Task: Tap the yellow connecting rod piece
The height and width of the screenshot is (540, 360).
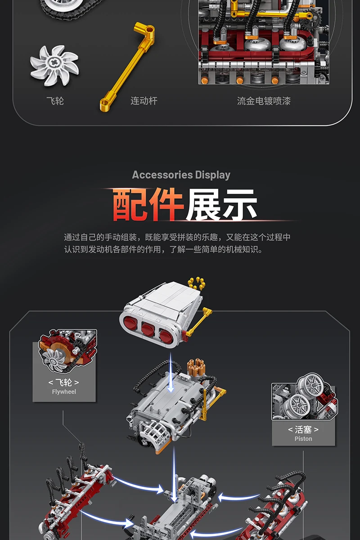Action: pyautogui.click(x=127, y=67)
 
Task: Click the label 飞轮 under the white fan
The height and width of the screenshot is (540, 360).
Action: pyautogui.click(x=55, y=101)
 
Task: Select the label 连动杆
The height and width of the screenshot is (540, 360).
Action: pyautogui.click(x=144, y=101)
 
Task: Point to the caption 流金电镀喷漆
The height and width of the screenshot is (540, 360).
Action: pyautogui.click(x=264, y=101)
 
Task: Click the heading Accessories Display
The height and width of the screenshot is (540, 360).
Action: pyautogui.click(x=181, y=175)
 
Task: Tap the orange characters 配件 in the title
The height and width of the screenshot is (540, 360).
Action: pyautogui.click(x=148, y=205)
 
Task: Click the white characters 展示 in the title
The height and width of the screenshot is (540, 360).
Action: pyautogui.click(x=221, y=205)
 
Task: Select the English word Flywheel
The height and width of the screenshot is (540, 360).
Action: pyautogui.click(x=64, y=392)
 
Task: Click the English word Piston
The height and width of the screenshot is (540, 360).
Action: pyautogui.click(x=303, y=439)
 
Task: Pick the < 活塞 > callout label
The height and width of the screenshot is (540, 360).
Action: pyautogui.click(x=303, y=430)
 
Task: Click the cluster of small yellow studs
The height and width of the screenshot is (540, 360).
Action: pyautogui.click(x=196, y=283)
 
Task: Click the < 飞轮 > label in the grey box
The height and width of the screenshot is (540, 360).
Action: pyautogui.click(x=64, y=382)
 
